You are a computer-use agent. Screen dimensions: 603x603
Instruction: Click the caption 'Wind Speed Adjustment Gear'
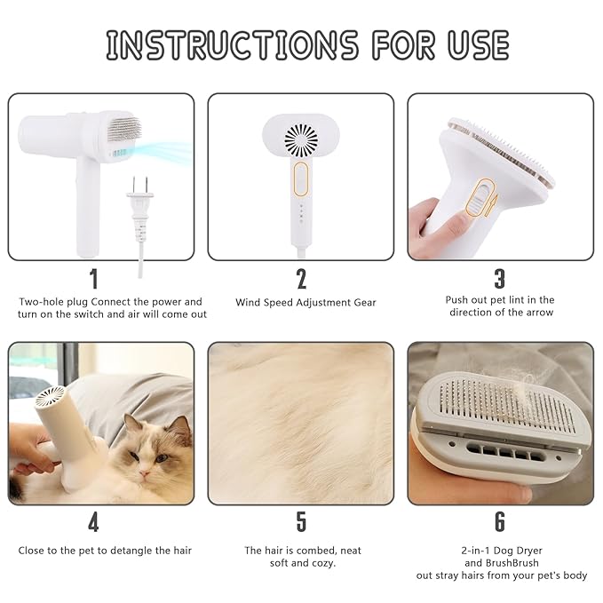click(305, 303)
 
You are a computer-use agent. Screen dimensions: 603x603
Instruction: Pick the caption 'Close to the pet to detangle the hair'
click(105, 551)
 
